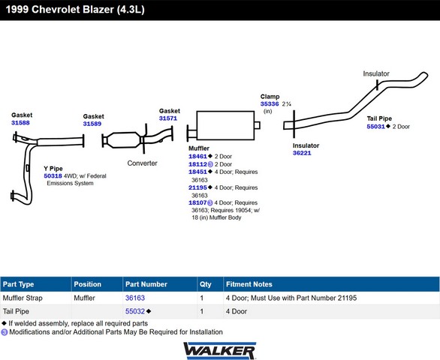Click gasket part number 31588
click(x=20, y=123)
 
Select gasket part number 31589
click(x=92, y=124)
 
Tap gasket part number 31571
click(x=168, y=118)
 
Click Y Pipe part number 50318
click(x=53, y=176)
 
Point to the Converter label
click(x=142, y=163)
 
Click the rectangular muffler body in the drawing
click(x=225, y=125)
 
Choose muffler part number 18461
click(x=197, y=157)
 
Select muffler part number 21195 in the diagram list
click(x=197, y=187)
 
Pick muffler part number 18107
click(x=197, y=202)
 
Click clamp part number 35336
click(x=270, y=104)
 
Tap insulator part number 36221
click(x=302, y=153)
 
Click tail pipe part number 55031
click(x=375, y=127)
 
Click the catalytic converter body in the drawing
click(x=124, y=139)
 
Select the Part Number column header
click(x=146, y=284)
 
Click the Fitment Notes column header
click(x=249, y=284)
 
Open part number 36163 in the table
click(x=135, y=298)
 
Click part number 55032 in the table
click(x=135, y=311)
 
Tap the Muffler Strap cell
click(x=23, y=298)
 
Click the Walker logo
click(x=220, y=350)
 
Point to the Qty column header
click(x=206, y=284)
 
